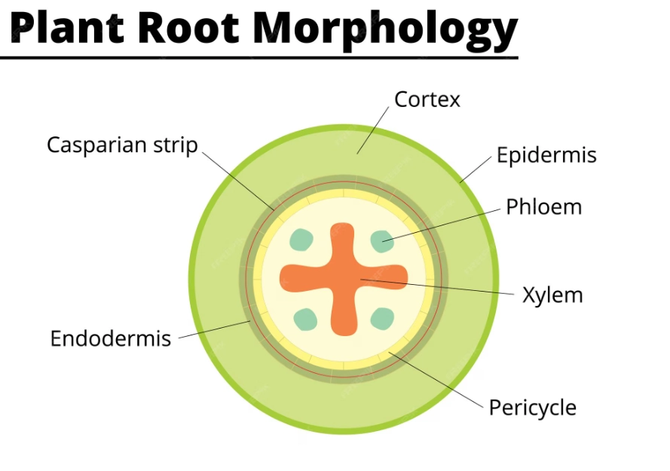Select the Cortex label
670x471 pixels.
(427, 99)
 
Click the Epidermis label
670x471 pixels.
(546, 155)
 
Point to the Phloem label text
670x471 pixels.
(543, 206)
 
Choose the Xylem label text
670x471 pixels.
(552, 295)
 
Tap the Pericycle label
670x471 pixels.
(532, 408)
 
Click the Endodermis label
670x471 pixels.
(110, 338)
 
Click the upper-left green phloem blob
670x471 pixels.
(301, 240)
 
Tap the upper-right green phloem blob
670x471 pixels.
(382, 240)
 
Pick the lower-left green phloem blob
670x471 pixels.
(305, 319)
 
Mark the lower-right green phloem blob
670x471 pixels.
(383, 318)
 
